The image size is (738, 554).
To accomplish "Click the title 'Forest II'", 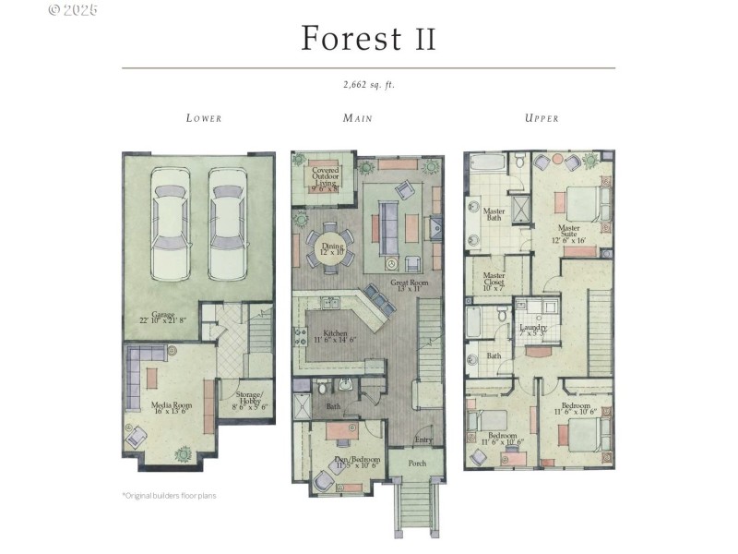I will click(x=368, y=39).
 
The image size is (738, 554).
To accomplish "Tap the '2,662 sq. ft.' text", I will click(x=368, y=85).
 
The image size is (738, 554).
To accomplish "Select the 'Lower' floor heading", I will click(x=204, y=118).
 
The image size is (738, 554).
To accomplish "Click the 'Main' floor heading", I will click(x=358, y=118).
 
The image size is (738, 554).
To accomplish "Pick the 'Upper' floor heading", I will click(x=542, y=118).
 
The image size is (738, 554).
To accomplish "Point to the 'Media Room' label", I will click(x=170, y=408).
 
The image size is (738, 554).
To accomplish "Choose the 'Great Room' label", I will click(x=406, y=286).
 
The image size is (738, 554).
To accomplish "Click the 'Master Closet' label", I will click(x=494, y=280).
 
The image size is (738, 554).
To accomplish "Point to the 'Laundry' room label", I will click(x=532, y=330).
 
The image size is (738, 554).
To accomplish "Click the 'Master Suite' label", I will click(x=568, y=232).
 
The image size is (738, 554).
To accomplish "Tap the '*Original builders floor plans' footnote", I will click(x=169, y=496).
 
